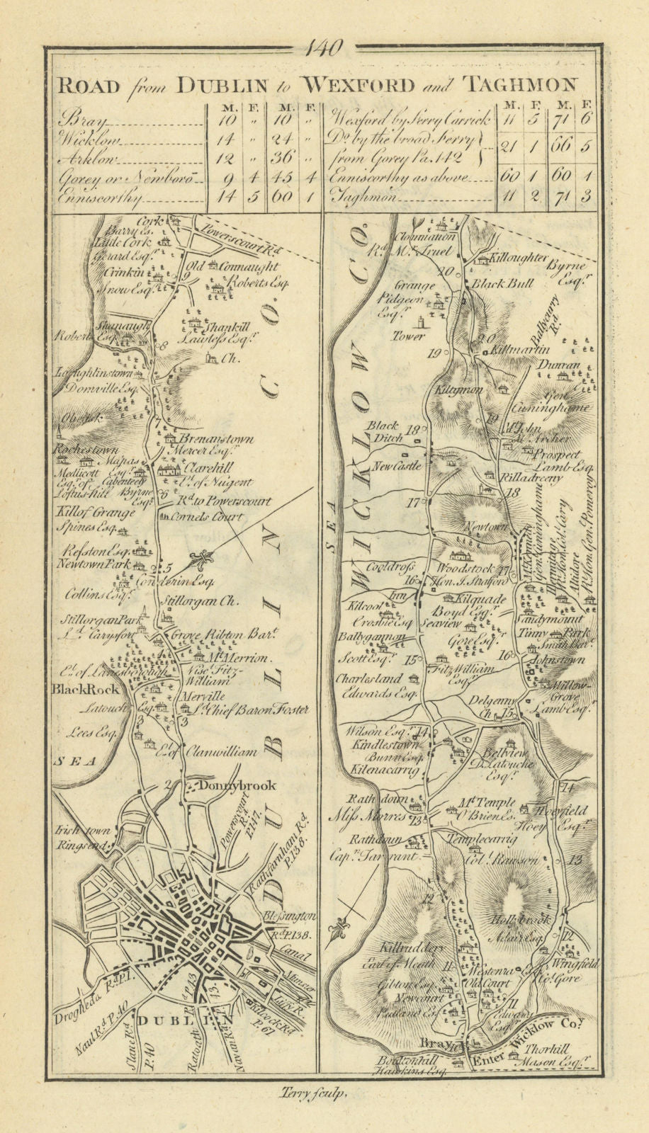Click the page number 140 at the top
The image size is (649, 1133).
324,47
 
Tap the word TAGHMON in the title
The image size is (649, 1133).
519,85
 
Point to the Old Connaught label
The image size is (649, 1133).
225,268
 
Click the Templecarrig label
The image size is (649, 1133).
475,836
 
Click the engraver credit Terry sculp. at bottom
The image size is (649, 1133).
310,1093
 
